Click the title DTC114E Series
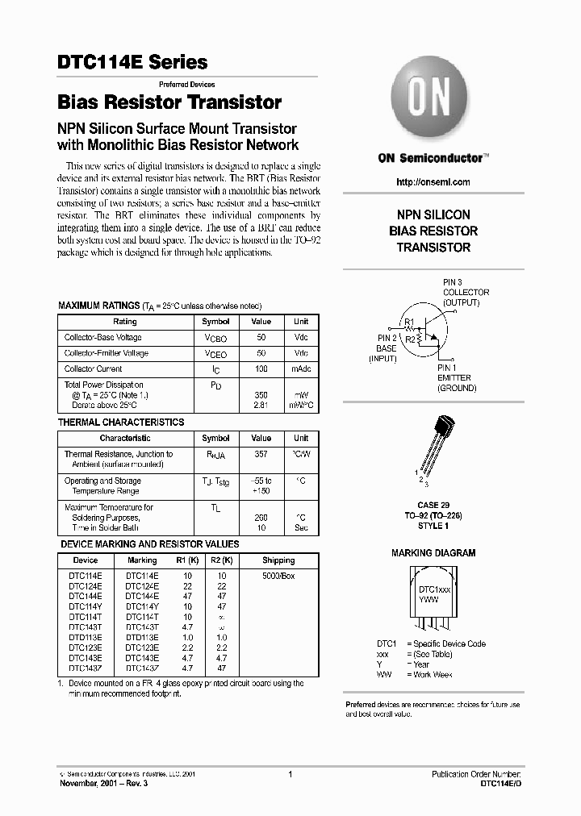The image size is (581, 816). click(x=132, y=62)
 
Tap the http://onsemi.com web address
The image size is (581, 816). click(x=433, y=182)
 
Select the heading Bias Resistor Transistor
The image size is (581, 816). click(x=169, y=103)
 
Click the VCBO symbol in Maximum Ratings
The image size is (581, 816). click(x=215, y=338)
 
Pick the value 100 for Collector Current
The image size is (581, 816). click(x=261, y=368)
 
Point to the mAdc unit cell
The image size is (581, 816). click(x=300, y=368)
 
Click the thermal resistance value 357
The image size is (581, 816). click(x=261, y=454)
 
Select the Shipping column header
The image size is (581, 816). click(x=278, y=560)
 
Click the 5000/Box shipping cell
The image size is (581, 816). click(x=278, y=575)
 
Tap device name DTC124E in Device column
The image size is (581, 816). click(x=85, y=585)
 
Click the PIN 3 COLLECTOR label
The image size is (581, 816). click(x=466, y=293)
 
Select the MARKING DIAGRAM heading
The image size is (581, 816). click(x=433, y=553)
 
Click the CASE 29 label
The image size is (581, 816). click(x=433, y=504)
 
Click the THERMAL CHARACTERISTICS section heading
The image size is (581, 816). click(x=121, y=423)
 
